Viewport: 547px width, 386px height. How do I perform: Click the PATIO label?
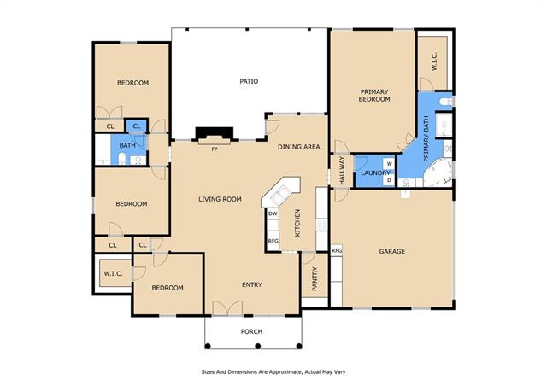pyautogui.click(x=249, y=81)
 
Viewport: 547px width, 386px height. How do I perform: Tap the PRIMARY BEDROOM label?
pyautogui.click(x=374, y=95)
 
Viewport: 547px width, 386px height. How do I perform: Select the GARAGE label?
pyautogui.click(x=392, y=251)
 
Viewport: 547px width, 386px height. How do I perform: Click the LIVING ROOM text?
pyautogui.click(x=220, y=199)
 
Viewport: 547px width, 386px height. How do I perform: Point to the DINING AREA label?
pyautogui.click(x=299, y=147)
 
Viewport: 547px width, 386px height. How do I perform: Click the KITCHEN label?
pyautogui.click(x=297, y=223)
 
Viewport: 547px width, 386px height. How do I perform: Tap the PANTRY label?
pyautogui.click(x=315, y=279)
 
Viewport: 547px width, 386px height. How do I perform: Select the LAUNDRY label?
pyautogui.click(x=375, y=173)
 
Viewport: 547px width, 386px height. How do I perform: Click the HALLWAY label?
pyautogui.click(x=342, y=171)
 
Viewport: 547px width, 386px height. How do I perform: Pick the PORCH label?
pyautogui.click(x=251, y=331)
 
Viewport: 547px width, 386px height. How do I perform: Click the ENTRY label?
pyautogui.click(x=252, y=284)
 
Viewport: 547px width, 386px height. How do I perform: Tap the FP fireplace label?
pyautogui.click(x=215, y=149)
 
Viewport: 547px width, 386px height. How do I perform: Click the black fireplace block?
pyautogui.click(x=215, y=133)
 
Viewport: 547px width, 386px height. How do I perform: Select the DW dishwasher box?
pyautogui.click(x=273, y=213)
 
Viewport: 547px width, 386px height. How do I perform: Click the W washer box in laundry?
pyautogui.click(x=390, y=163)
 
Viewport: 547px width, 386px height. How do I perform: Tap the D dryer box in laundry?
pyautogui.click(x=390, y=180)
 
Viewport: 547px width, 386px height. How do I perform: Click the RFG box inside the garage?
pyautogui.click(x=337, y=250)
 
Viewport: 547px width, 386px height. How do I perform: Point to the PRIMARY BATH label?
pyautogui.click(x=426, y=139)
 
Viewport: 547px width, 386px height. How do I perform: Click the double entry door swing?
pyautogui.click(x=227, y=308)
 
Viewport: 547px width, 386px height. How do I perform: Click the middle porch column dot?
pyautogui.click(x=258, y=346)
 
